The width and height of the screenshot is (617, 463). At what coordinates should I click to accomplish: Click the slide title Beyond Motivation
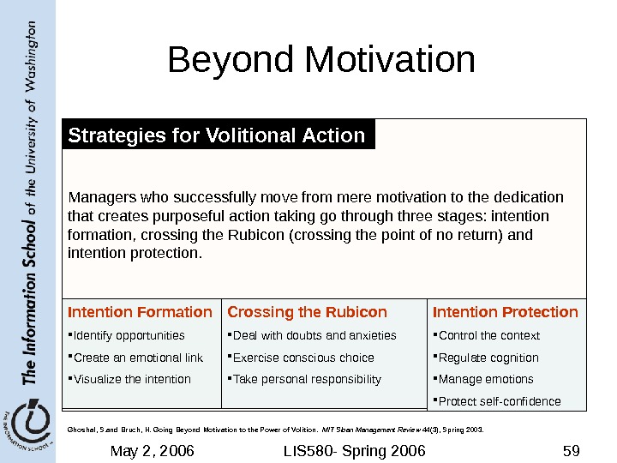point(321,61)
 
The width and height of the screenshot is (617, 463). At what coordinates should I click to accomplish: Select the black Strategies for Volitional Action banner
point(218,135)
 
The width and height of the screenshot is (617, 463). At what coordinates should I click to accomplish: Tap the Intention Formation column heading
point(140,312)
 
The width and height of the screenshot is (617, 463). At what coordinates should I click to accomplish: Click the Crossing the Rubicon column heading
point(308,312)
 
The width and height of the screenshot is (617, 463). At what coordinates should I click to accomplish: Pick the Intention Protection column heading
point(506,312)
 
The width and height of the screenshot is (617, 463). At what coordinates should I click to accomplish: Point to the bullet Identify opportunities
point(129,335)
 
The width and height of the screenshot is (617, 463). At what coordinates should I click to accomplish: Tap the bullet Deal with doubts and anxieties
point(314,335)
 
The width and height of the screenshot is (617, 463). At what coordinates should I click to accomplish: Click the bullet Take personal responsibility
point(307,379)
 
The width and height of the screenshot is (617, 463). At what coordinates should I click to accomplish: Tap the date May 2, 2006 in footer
point(153,450)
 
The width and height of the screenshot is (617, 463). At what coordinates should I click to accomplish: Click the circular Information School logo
point(28,422)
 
